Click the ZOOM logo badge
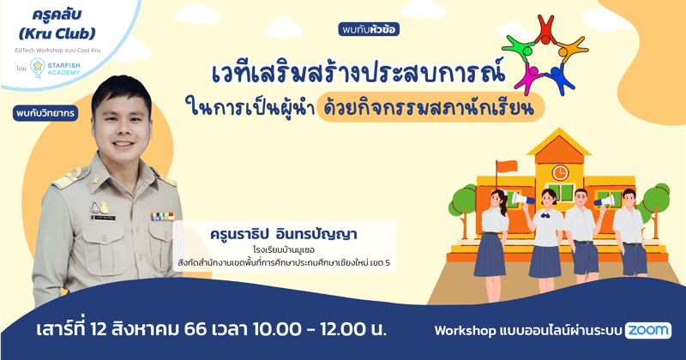pos(647,330)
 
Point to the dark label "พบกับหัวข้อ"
pos(369,29)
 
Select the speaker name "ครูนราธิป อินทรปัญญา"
pos(282,234)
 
